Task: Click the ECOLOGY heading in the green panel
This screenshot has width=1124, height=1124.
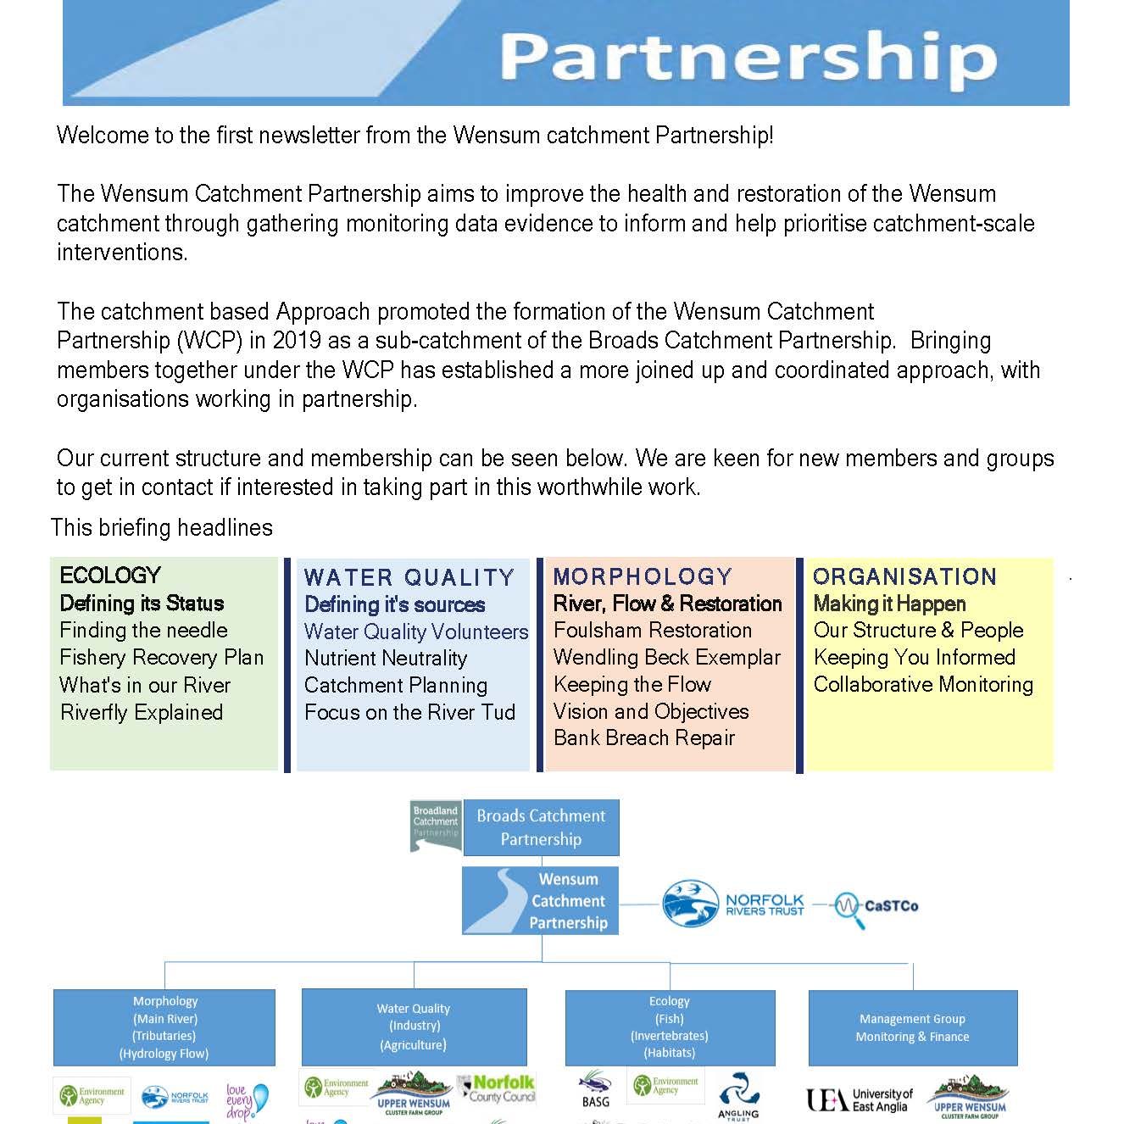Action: click(110, 576)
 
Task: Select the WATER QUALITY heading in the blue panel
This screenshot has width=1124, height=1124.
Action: click(409, 578)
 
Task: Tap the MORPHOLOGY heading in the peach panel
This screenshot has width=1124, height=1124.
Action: click(643, 577)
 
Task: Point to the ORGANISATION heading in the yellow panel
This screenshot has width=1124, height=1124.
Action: click(904, 577)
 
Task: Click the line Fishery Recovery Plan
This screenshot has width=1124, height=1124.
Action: click(162, 658)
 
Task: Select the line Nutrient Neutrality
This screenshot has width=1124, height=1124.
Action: click(386, 659)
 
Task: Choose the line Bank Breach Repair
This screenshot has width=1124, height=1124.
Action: click(644, 738)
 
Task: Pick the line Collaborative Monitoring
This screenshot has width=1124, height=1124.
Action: click(923, 685)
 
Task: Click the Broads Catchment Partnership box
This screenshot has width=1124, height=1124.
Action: click(541, 827)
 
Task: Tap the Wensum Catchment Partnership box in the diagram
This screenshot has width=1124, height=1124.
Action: click(541, 901)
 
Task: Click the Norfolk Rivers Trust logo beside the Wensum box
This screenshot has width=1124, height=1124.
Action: click(733, 904)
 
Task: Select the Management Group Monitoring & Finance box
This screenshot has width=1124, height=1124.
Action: click(912, 1027)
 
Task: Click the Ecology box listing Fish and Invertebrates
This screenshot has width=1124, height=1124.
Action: click(670, 1027)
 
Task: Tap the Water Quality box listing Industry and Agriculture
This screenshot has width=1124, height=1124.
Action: click(414, 1027)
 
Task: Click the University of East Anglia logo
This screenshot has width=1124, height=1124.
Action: click(859, 1099)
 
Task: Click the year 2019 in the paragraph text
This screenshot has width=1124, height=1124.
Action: click(297, 341)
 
